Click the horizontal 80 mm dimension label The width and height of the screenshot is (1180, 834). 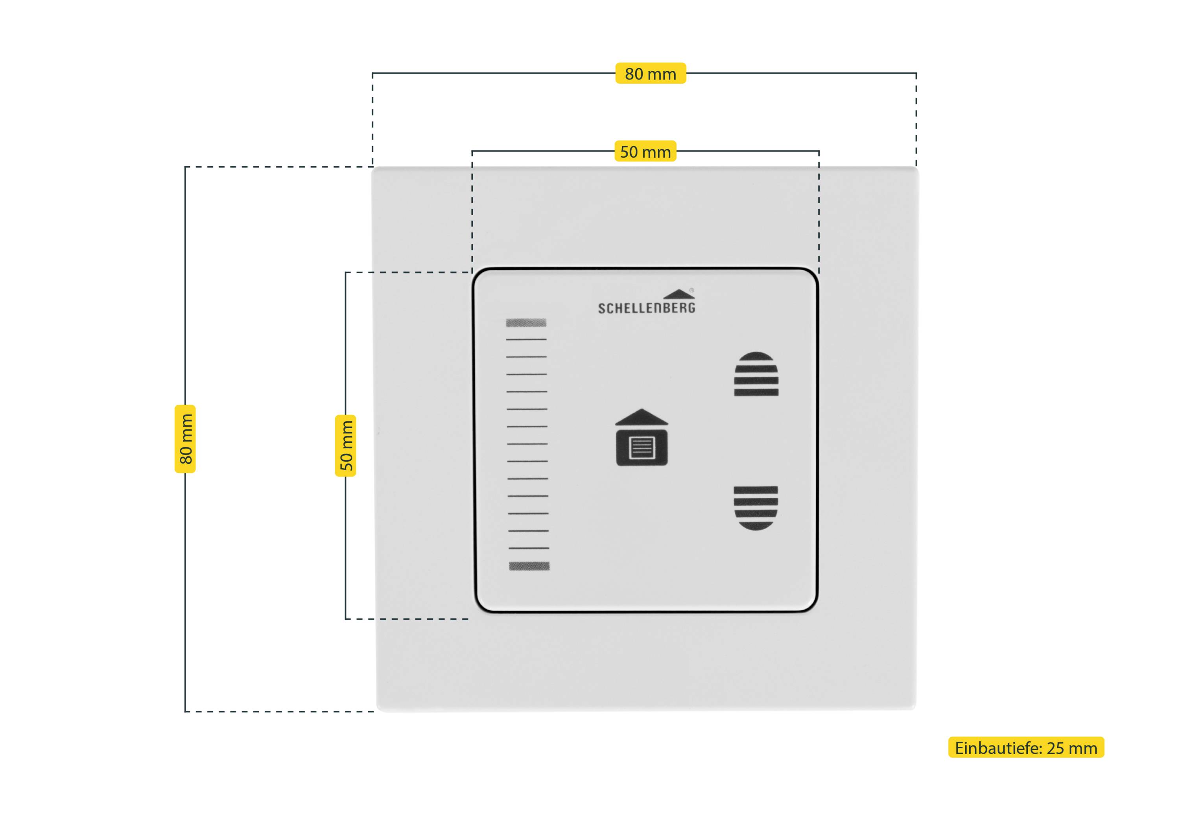pyautogui.click(x=650, y=74)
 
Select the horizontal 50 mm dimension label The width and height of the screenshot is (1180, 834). pyautogui.click(x=645, y=152)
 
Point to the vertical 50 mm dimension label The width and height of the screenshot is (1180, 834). pyautogui.click(x=346, y=446)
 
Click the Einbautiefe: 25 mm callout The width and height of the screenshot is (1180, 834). pyautogui.click(x=1026, y=747)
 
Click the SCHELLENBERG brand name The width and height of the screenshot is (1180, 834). pyautogui.click(x=647, y=308)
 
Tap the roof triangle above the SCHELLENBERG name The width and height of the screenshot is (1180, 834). pyautogui.click(x=678, y=294)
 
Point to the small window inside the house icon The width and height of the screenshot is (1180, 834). pyautogui.click(x=642, y=447)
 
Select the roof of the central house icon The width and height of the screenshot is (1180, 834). pyautogui.click(x=642, y=417)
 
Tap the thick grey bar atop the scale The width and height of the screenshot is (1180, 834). pyautogui.click(x=526, y=323)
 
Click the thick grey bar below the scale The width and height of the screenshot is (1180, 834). pyautogui.click(x=529, y=566)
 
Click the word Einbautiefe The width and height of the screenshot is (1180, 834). pyautogui.click(x=997, y=748)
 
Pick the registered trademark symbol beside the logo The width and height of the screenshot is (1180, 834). pyautogui.click(x=692, y=290)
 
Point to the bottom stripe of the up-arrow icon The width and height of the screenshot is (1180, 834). pyautogui.click(x=756, y=392)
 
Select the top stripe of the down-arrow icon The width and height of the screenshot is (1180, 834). pyautogui.click(x=756, y=490)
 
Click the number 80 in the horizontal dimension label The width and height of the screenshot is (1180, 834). pyautogui.click(x=634, y=74)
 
